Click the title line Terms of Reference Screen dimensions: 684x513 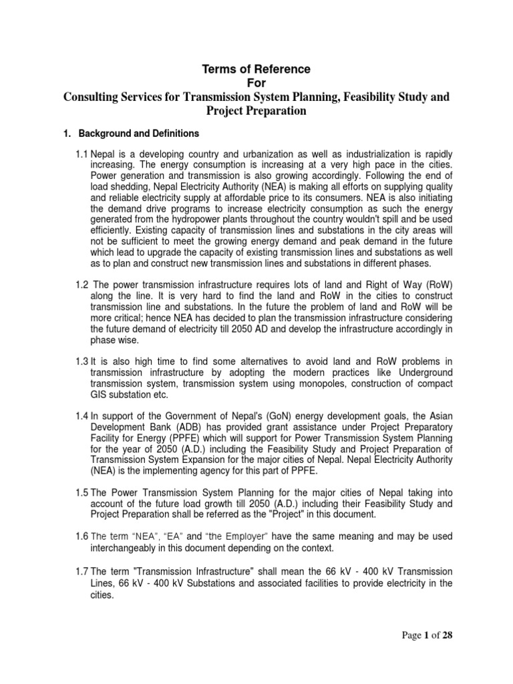(256, 68)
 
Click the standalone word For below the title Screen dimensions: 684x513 (256, 82)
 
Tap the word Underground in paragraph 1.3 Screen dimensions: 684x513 (420, 372)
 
